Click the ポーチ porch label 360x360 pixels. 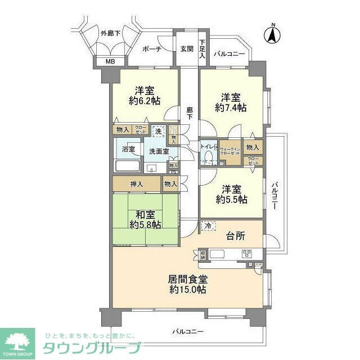click(152, 49)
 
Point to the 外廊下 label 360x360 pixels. click(111, 33)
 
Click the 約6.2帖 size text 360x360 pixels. click(145, 101)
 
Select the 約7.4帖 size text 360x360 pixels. click(231, 107)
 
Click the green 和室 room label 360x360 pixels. click(145, 214)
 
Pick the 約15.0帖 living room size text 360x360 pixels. click(186, 290)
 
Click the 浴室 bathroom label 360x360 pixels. click(128, 149)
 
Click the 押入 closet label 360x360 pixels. click(137, 184)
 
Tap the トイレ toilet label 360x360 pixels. click(208, 147)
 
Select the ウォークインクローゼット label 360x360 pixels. click(231, 150)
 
